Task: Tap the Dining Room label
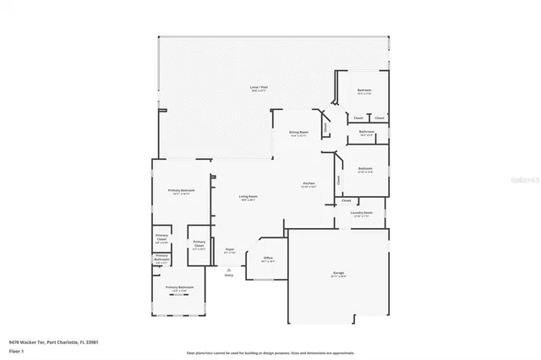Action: (x=299, y=133)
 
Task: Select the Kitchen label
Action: (x=309, y=185)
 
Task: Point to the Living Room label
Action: (x=248, y=198)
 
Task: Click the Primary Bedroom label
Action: (x=182, y=191)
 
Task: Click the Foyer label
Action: (x=229, y=250)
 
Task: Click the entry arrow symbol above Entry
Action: (x=228, y=266)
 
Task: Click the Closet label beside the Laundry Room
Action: (x=347, y=201)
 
